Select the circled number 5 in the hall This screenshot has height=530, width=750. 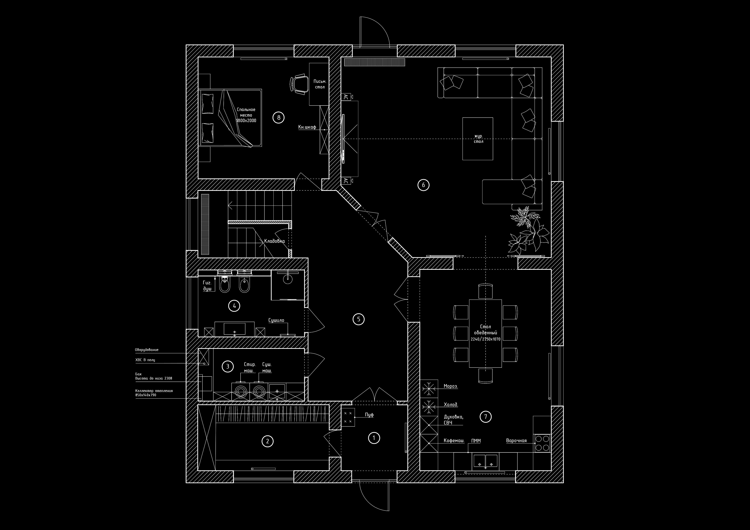click(x=358, y=319)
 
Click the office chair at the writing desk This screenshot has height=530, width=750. click(x=298, y=84)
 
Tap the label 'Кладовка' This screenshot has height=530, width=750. click(x=274, y=241)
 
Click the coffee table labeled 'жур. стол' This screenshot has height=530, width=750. click(x=478, y=139)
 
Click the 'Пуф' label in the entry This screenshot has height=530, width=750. click(x=369, y=415)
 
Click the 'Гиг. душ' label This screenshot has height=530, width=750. click(x=207, y=286)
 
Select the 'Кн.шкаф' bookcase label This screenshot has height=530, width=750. click(x=307, y=127)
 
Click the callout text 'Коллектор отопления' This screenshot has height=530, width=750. click(x=154, y=391)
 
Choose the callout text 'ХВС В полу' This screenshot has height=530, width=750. click(x=145, y=360)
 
